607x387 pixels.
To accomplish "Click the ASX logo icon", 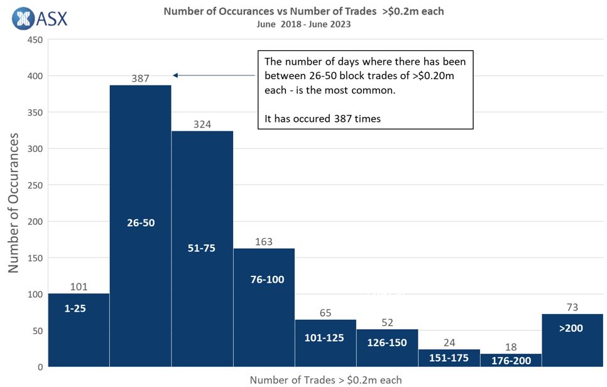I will coord(23,18).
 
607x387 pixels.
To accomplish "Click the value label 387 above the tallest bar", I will coord(140,79).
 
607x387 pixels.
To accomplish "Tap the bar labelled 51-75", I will coord(202,249).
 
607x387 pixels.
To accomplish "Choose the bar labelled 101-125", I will coord(325,343).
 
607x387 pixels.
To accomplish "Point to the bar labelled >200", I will coord(572,340).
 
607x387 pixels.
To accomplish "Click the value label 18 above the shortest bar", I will coord(511,347).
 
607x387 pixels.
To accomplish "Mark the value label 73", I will coord(572,307).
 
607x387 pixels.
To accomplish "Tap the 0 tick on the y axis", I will coord(39,367).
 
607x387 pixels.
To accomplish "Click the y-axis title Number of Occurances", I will coord(14,202).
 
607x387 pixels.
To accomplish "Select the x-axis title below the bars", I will coord(325,379).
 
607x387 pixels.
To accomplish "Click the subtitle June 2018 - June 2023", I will coord(303,25).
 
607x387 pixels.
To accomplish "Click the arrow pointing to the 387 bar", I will coord(214,75).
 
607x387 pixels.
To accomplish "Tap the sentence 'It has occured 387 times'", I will coord(323,118).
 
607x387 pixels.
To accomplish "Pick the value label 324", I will coord(202,124).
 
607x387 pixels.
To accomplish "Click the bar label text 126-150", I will coord(387,343).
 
